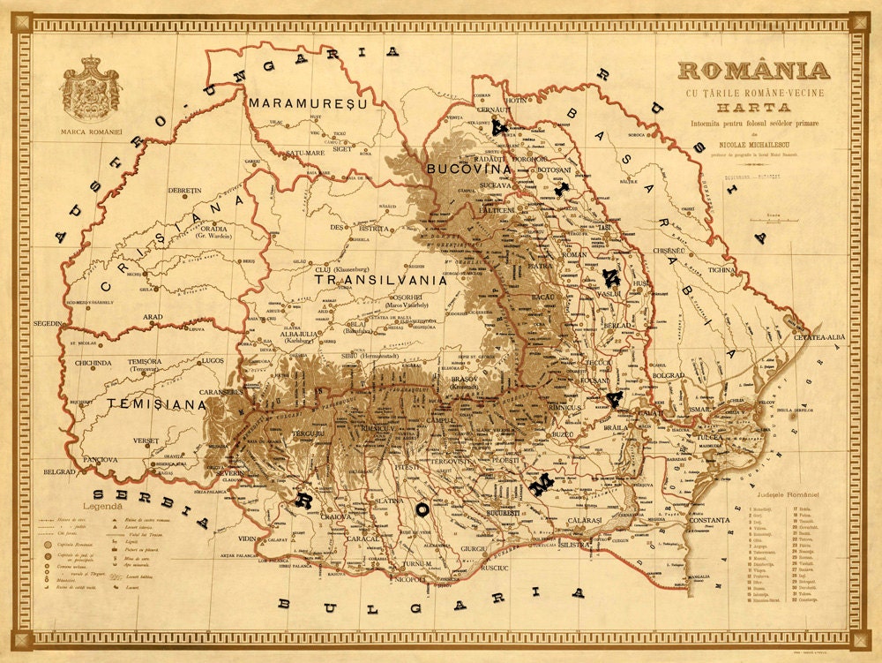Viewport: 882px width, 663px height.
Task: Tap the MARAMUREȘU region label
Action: (306, 103)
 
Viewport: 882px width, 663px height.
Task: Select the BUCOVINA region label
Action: (468, 168)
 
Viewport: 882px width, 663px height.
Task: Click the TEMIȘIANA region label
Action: (155, 403)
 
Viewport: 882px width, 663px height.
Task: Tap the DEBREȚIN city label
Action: (184, 190)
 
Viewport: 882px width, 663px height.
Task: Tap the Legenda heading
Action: (104, 507)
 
